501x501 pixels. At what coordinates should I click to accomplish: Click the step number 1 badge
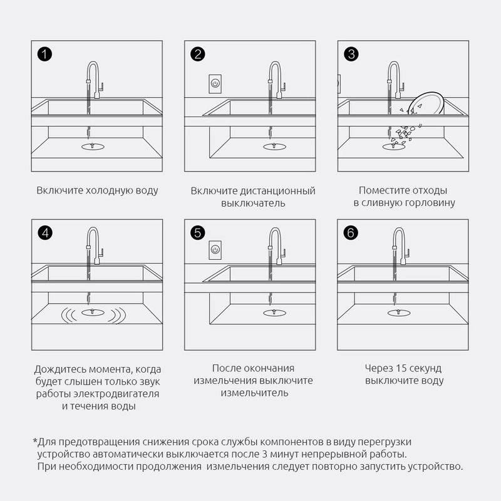tap(44, 54)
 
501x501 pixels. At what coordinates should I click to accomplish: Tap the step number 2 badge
tap(198, 54)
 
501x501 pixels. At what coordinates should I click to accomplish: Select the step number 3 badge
tap(351, 54)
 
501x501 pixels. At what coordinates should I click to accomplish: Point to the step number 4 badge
tap(45, 232)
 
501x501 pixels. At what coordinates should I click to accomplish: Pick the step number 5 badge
tap(198, 232)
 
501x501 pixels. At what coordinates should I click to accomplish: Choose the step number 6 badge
tap(351, 232)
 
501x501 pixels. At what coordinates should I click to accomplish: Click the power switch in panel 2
tap(215, 84)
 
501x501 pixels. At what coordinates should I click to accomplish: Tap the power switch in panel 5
tap(215, 250)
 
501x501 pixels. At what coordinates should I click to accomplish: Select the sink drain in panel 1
tap(93, 147)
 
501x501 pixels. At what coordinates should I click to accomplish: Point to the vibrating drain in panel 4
tap(93, 312)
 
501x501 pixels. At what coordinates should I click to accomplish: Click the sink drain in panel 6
tap(399, 312)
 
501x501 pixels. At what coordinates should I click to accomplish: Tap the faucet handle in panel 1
tap(101, 87)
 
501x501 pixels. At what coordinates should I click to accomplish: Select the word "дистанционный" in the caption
tap(277, 191)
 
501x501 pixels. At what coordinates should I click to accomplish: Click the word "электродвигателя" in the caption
tap(116, 394)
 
